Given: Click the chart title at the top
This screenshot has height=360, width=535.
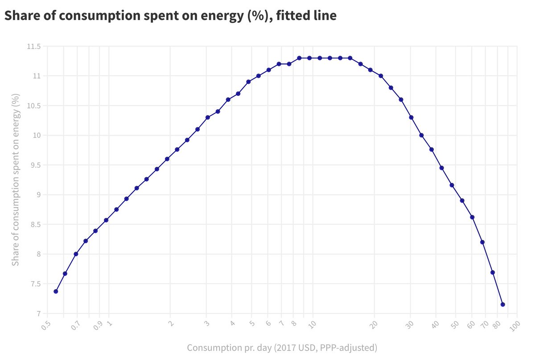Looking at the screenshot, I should (170, 16).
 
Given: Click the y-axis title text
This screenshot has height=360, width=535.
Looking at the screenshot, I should (16, 180).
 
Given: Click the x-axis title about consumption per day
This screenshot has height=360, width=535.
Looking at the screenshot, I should (282, 348).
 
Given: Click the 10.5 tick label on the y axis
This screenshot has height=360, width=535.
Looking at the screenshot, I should (33, 106).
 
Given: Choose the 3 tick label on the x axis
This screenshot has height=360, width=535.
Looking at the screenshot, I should (206, 323).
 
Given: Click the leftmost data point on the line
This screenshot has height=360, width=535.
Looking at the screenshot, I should (56, 291).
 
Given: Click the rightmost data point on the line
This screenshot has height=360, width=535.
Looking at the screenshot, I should (503, 304).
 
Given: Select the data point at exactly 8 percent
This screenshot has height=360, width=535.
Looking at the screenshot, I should (76, 254).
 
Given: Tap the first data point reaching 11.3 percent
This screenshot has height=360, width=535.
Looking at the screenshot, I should (299, 58).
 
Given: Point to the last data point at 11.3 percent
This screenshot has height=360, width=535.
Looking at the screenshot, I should (350, 58).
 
